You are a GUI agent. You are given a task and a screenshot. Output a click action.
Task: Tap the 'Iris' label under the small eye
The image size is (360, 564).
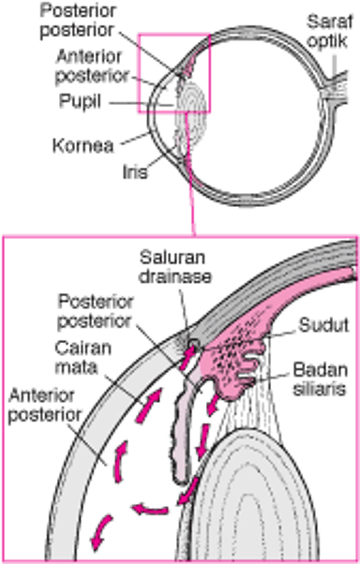point(135,172)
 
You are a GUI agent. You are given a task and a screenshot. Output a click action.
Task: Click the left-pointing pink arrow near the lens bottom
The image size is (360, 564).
point(149,508)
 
